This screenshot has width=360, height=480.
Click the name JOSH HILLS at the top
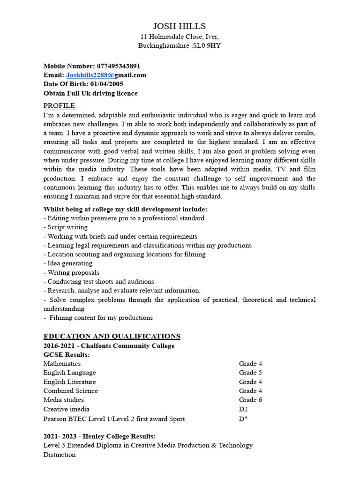tap(180, 26)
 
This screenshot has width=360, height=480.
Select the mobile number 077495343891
tap(118, 66)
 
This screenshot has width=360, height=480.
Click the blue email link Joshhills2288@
tap(90, 75)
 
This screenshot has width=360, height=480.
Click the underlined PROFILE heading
tap(59, 105)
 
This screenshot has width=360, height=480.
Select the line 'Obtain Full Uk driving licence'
tap(90, 93)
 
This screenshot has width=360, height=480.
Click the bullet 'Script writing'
tap(67, 227)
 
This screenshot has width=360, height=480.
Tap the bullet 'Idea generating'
tap(70, 263)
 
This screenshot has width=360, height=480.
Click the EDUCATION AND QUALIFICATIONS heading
tap(112, 336)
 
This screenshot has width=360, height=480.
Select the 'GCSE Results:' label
tap(67, 355)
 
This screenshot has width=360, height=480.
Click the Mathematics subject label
tap(62, 364)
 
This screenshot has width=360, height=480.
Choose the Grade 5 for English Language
tap(250, 373)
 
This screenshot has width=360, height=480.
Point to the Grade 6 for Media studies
tap(250, 400)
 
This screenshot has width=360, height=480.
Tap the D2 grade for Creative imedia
tap(244, 409)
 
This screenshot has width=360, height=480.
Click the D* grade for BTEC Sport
tap(243, 419)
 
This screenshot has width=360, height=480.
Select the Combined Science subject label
tap(71, 391)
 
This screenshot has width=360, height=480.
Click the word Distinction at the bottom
tap(60, 455)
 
